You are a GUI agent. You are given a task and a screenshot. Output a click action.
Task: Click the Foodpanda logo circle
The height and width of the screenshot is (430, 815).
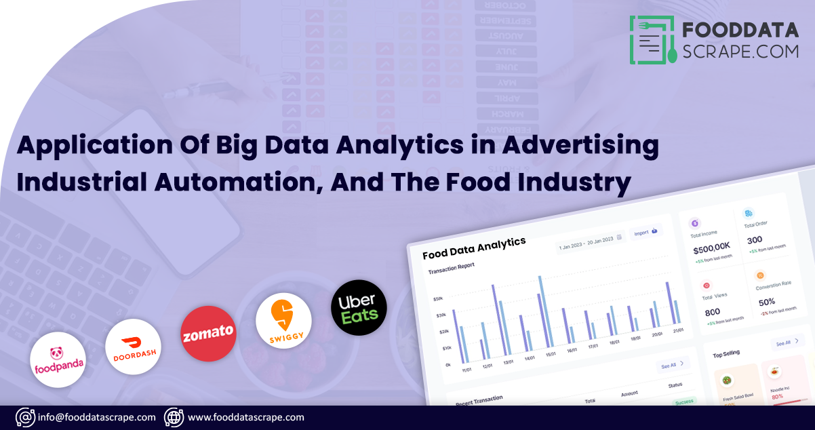(58, 359)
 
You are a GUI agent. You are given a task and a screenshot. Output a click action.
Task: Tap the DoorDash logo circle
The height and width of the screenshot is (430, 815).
(133, 346)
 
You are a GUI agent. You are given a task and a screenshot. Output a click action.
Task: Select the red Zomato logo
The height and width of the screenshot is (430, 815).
(208, 333)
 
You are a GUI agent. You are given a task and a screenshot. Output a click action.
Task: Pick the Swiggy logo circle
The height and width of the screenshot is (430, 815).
(283, 321)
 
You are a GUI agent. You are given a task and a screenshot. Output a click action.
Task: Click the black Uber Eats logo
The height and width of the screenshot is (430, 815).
(359, 307)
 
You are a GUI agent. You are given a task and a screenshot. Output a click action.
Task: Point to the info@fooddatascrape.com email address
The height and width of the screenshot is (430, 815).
(97, 417)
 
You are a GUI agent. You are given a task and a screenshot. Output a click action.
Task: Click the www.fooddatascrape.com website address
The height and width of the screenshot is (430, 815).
(245, 417)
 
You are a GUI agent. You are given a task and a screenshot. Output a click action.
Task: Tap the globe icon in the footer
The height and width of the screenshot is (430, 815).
(174, 417)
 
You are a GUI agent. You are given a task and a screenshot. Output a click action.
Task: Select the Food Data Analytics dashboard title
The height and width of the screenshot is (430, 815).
(474, 248)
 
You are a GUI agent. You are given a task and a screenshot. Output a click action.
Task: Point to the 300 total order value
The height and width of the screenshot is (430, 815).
(755, 239)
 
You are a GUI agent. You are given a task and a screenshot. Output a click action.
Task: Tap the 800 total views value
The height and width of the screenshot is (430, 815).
(712, 312)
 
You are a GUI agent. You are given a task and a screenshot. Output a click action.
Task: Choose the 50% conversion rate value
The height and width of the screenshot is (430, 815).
(766, 302)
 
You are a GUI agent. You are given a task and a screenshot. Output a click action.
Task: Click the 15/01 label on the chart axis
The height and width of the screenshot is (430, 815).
(551, 353)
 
